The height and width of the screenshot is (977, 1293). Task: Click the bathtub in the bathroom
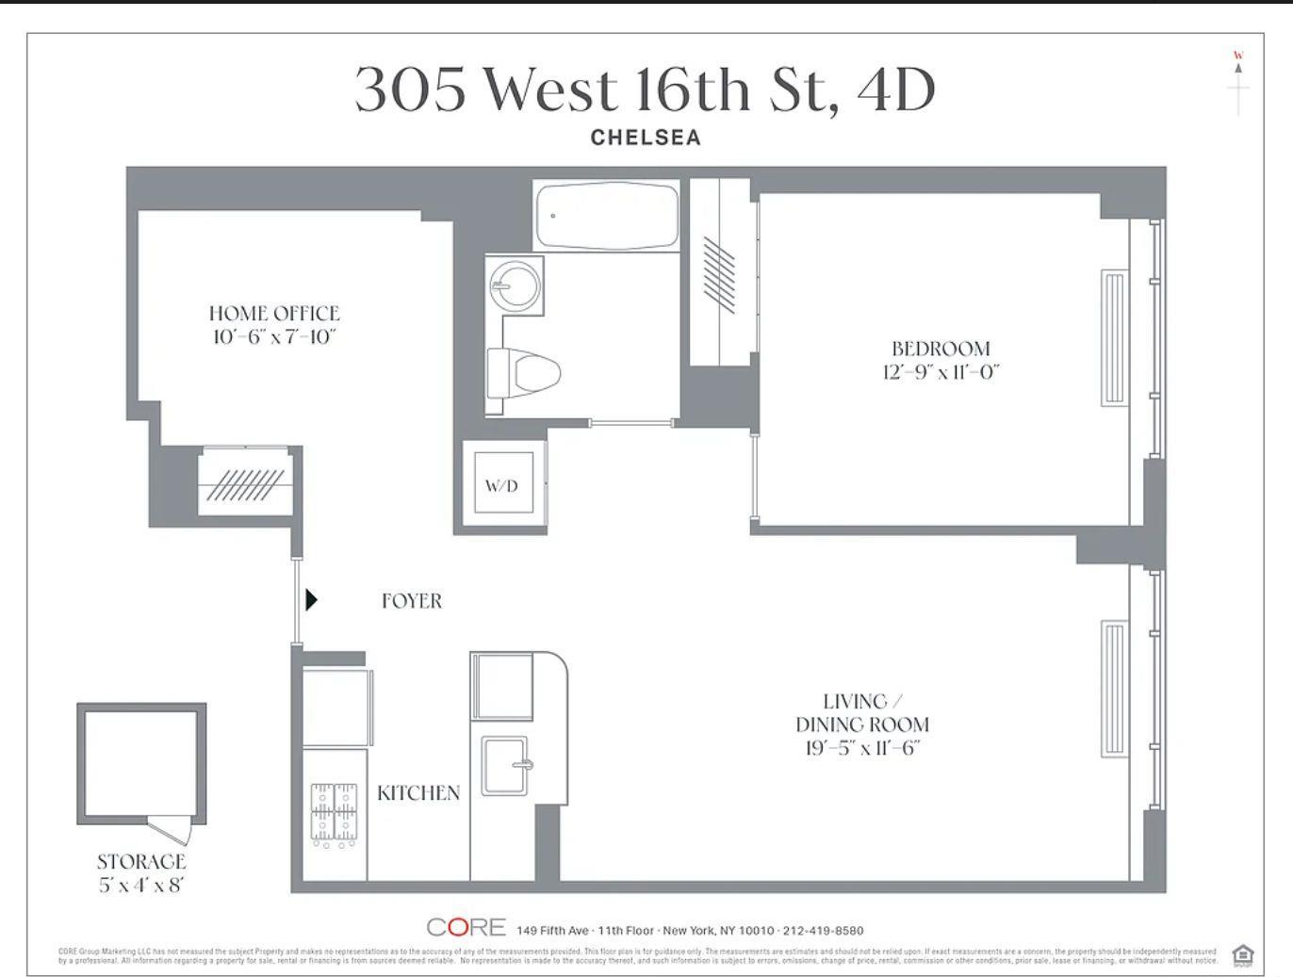pos(606,216)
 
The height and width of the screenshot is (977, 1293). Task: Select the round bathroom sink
pos(515,283)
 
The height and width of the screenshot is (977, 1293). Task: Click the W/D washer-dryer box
pos(502,485)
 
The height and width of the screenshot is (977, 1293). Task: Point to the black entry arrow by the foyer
pos(311,599)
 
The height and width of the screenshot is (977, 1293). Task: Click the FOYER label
pos(411,600)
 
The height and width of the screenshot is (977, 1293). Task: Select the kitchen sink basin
pos(506,765)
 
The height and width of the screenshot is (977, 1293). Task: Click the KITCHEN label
pos(418,793)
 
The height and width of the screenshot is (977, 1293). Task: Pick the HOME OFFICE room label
pos(274,313)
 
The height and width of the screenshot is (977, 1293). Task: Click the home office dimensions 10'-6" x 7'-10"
pos(274,336)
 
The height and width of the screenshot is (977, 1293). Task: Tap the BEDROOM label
pos(941,348)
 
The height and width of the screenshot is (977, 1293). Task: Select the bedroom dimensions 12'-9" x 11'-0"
pos(941,371)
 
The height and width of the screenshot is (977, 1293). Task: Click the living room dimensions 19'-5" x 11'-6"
pos(862,748)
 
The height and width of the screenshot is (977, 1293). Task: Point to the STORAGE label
pos(141,860)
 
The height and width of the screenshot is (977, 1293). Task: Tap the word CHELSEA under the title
pos(646,138)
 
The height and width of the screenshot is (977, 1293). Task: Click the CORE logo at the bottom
pos(466,927)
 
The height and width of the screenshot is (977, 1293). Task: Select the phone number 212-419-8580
pos(823,930)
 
